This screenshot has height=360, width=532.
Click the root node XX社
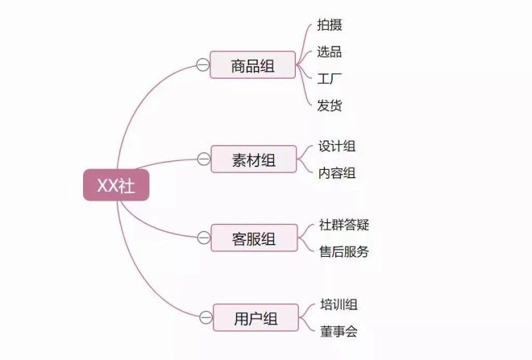[116, 185]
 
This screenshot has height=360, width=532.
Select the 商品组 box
[253, 65]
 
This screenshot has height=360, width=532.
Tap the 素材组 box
[254, 159]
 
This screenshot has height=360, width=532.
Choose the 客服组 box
[254, 238]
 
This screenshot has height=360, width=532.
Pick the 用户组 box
[256, 317]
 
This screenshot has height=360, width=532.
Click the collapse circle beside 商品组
[203, 64]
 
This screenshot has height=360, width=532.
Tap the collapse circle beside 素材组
[204, 159]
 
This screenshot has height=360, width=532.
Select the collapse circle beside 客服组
[204, 238]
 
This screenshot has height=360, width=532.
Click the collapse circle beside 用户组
[206, 317]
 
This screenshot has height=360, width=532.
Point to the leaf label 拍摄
[330, 25]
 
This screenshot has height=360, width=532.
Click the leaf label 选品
[329, 52]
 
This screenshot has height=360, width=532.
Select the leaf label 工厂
[329, 79]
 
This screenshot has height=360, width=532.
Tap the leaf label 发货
[329, 106]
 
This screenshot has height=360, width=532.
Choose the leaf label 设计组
[337, 146]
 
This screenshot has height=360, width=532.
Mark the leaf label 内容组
[337, 173]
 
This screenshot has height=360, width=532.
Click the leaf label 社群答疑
[344, 225]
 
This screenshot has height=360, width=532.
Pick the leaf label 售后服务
[344, 251]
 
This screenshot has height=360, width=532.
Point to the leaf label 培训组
[339, 304]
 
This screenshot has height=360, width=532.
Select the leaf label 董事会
[339, 331]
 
